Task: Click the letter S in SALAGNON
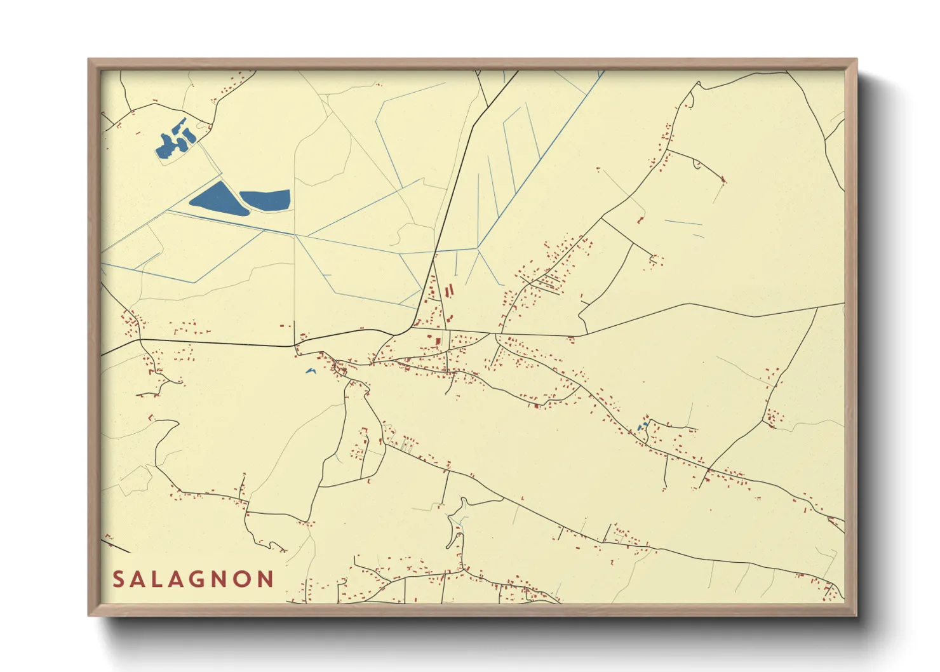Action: (x=119, y=579)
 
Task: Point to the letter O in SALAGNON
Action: (x=245, y=579)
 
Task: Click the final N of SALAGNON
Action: (x=265, y=579)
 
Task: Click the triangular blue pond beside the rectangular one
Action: (x=216, y=199)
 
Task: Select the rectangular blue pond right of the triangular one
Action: (x=266, y=199)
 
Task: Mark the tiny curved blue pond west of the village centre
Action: (x=311, y=370)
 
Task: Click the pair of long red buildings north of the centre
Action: (x=450, y=292)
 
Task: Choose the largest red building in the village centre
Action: (x=438, y=341)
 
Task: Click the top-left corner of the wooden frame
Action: (x=89, y=60)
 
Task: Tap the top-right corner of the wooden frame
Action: (x=856, y=60)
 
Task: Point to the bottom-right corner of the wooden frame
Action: (x=856, y=615)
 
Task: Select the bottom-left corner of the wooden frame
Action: (x=89, y=615)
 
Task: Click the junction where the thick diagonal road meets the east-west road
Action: (x=413, y=328)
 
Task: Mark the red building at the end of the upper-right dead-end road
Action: (x=723, y=180)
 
